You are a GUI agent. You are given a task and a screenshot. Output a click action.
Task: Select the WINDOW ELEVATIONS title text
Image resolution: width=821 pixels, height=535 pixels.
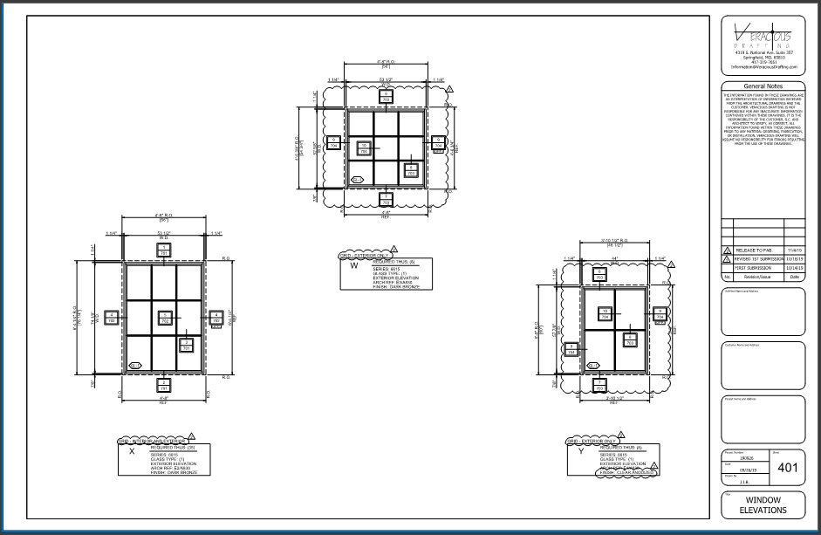click(x=763, y=504)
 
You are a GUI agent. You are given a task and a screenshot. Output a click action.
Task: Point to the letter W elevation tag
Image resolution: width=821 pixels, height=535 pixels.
click(x=353, y=267)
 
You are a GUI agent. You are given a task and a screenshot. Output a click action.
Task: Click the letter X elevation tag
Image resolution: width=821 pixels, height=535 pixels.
click(x=131, y=452)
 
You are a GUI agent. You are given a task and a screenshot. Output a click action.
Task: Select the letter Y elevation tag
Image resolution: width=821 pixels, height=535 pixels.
click(x=580, y=452)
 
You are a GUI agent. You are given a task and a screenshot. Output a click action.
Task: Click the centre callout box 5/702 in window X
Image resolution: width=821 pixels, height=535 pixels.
click(x=163, y=318)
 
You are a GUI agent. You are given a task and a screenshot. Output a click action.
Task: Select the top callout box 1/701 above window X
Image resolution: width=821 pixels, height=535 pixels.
click(x=163, y=250)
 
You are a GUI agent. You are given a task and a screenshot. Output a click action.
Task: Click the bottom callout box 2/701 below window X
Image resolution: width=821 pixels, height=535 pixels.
click(x=163, y=384)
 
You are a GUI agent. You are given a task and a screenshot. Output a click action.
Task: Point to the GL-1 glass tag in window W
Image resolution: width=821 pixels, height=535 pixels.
click(x=357, y=180)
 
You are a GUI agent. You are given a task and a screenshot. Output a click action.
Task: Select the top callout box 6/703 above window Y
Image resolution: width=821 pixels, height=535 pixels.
click(x=600, y=274)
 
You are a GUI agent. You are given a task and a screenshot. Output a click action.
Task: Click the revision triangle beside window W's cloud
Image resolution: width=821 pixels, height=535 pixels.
click(x=448, y=90)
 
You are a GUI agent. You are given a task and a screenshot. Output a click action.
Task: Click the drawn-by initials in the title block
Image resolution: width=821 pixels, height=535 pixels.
click(x=735, y=479)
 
